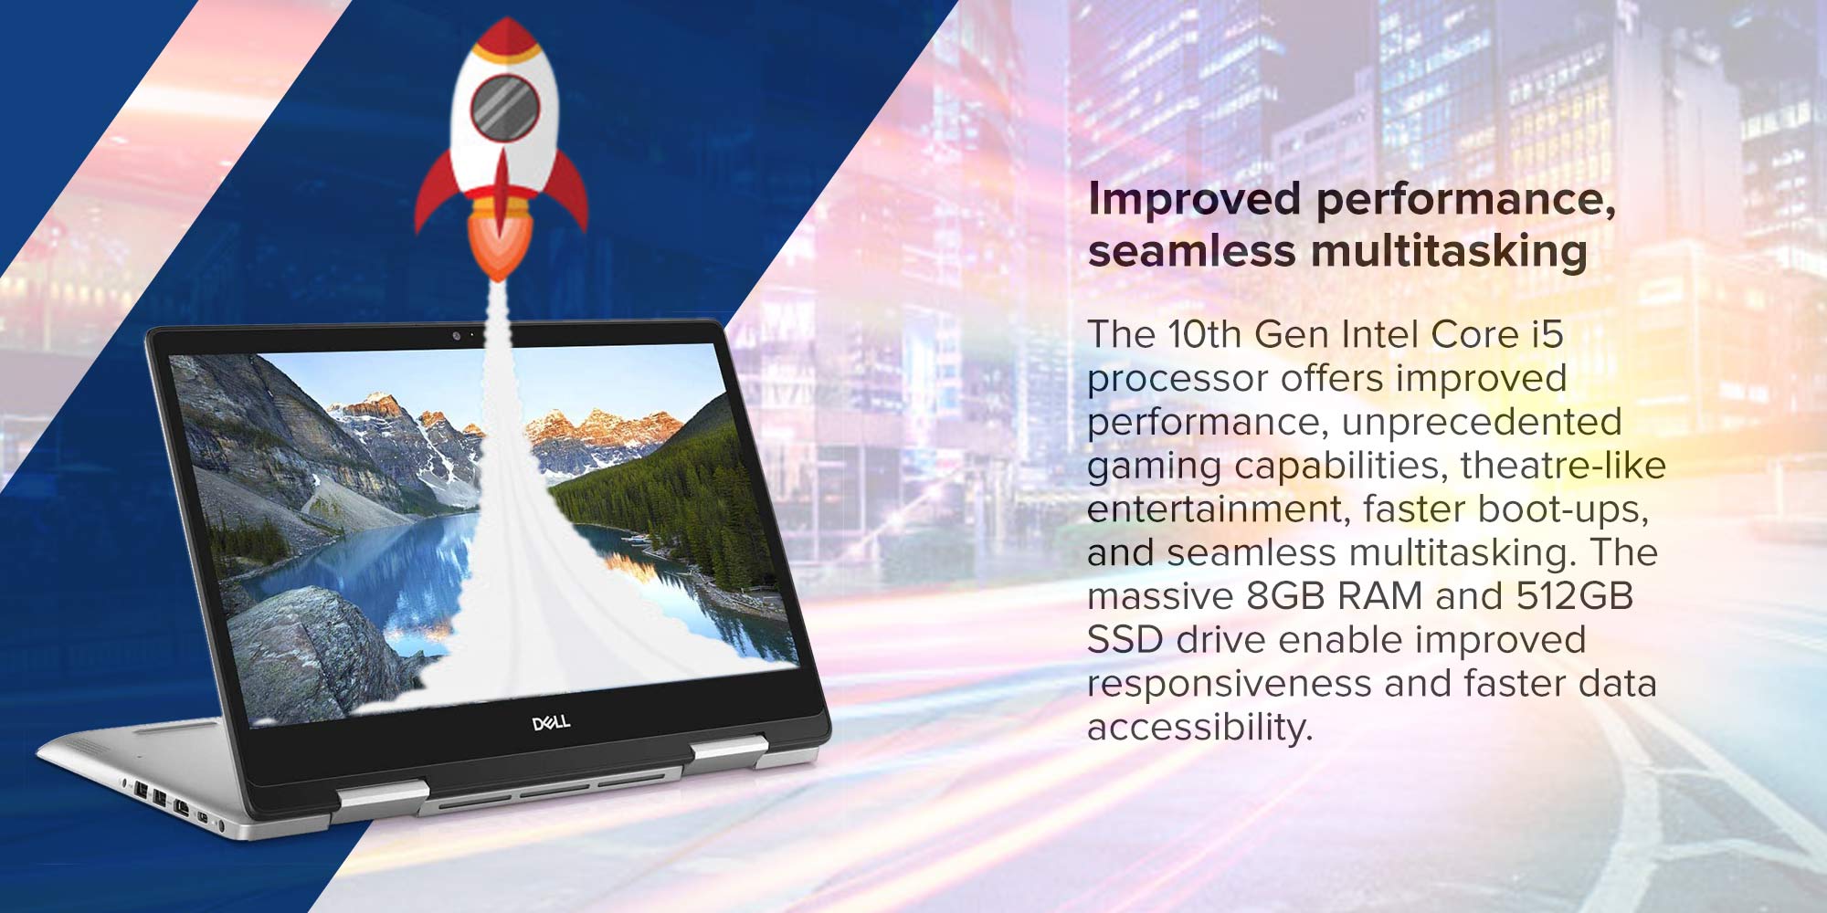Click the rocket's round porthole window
click(504, 107)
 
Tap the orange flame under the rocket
click(499, 242)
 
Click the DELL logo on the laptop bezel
click(551, 722)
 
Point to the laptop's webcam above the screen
click(456, 335)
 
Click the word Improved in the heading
click(1194, 199)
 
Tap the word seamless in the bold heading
click(1191, 251)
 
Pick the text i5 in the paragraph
click(1547, 334)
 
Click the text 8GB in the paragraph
click(1286, 596)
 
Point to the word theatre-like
click(1563, 466)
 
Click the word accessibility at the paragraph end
click(1199, 728)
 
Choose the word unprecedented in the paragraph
click(1482, 422)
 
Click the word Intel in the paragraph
click(1374, 334)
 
